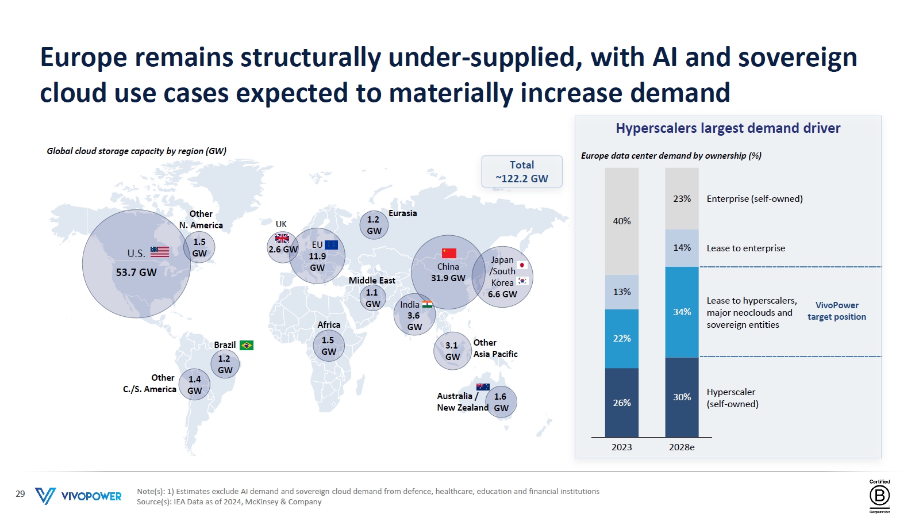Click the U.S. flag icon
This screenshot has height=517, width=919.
(160, 252)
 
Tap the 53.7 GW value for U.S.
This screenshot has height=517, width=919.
(136, 272)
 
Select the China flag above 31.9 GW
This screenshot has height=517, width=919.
(449, 253)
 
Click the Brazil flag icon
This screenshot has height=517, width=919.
(247, 346)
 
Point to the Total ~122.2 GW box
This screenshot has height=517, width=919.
(522, 171)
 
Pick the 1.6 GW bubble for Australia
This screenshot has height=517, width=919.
(501, 402)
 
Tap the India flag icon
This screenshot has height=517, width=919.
(427, 304)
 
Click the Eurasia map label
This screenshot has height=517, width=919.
(402, 213)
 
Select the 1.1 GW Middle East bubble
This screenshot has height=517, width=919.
(372, 298)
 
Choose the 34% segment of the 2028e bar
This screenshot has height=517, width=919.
(682, 312)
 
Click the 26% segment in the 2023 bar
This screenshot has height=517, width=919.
(621, 403)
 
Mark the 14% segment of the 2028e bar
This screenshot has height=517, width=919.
(682, 248)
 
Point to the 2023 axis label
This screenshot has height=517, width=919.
(621, 447)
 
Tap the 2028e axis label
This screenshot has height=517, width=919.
(682, 447)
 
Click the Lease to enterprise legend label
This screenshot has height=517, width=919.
(746, 248)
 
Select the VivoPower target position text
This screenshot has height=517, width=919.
(837, 311)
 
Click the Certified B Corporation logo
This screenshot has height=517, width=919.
(879, 496)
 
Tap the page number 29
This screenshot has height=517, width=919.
(21, 493)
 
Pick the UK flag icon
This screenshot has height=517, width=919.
(282, 238)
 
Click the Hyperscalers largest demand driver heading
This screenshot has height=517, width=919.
(728, 128)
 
